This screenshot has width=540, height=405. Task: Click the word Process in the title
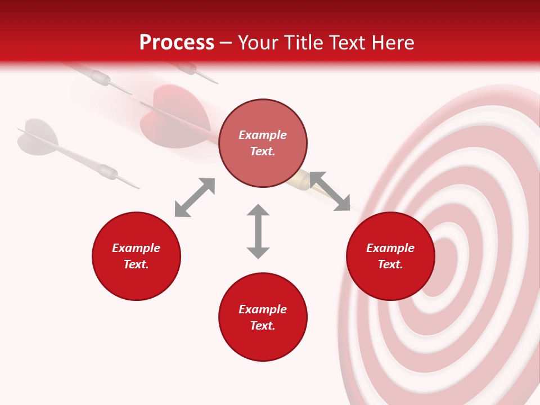[x=177, y=43]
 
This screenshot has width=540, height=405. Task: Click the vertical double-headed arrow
[x=258, y=231]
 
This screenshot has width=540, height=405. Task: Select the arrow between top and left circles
[x=195, y=197]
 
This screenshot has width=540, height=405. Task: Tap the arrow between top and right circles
[x=330, y=191]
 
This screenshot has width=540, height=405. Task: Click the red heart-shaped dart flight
[x=169, y=115]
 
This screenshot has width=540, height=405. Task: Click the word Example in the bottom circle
[x=263, y=309]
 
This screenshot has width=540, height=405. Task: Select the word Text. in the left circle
[x=136, y=264]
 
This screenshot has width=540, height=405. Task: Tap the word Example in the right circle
[x=390, y=248]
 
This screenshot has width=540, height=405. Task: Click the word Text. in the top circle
[x=263, y=151]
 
